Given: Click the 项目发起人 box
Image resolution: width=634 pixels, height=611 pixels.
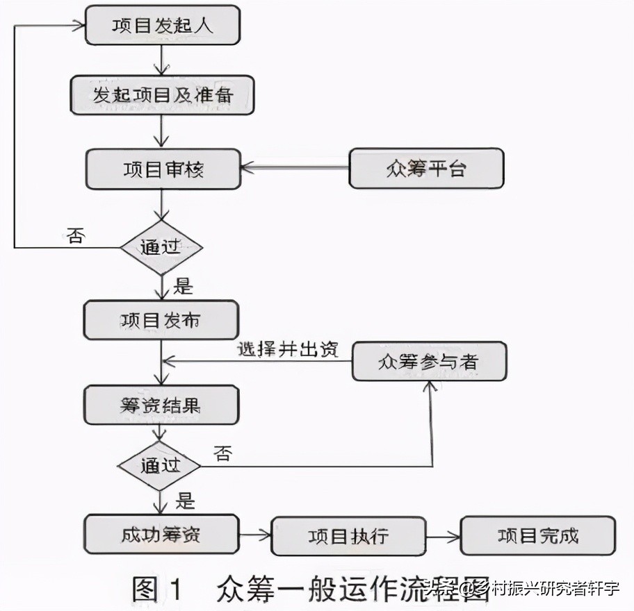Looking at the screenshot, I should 163,26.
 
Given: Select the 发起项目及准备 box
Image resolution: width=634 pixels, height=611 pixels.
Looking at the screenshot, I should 163,95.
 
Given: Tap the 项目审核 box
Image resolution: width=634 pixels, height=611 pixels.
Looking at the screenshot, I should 163,169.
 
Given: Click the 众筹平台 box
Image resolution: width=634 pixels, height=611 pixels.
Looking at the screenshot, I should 425,169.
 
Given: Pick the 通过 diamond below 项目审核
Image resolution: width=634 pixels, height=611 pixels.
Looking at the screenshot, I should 161,247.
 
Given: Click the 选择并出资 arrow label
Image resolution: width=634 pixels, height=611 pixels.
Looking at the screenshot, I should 287,349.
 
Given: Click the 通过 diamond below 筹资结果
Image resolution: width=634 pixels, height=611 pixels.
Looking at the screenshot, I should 160,465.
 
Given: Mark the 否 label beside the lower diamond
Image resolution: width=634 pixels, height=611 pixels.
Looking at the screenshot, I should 222,454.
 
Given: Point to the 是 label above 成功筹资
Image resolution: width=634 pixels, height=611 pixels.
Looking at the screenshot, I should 185,500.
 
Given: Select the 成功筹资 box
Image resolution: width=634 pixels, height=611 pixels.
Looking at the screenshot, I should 161,534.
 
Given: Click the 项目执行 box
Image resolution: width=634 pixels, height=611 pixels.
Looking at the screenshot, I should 348,535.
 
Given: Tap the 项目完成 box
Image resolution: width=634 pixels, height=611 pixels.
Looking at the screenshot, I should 538,535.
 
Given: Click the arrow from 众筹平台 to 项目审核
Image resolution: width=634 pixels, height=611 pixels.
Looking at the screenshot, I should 295,168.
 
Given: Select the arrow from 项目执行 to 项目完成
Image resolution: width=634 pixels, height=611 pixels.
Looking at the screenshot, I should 443,535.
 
